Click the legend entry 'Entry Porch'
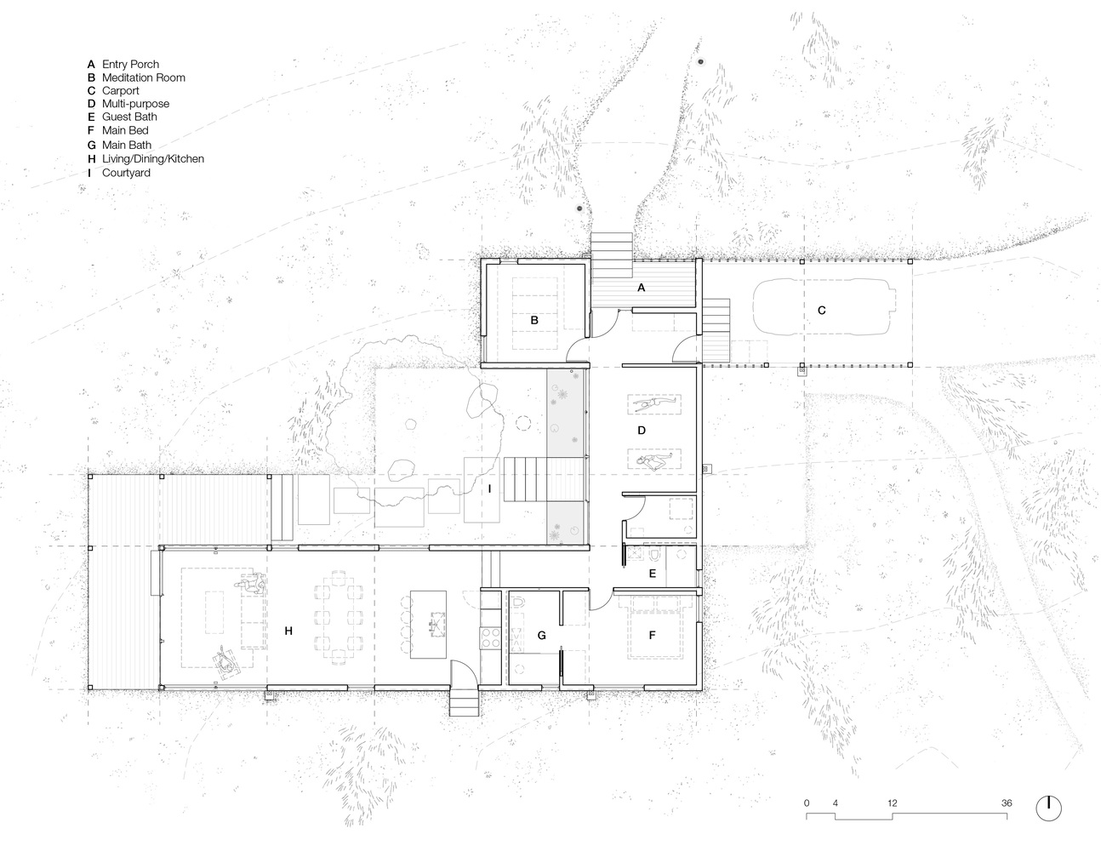pyautogui.click(x=130, y=65)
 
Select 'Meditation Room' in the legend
pyautogui.click(x=144, y=77)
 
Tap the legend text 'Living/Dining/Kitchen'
pyautogui.click(x=153, y=158)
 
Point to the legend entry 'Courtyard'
pyautogui.click(x=126, y=173)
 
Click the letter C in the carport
pyautogui.click(x=822, y=310)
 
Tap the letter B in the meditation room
pyautogui.click(x=534, y=320)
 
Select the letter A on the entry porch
pyautogui.click(x=641, y=288)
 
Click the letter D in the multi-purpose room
pyautogui.click(x=642, y=431)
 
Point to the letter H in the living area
pyautogui.click(x=288, y=631)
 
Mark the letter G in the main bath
pyautogui.click(x=542, y=635)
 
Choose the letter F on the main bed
pyautogui.click(x=652, y=635)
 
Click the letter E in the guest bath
pyautogui.click(x=653, y=574)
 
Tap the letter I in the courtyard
pyautogui.click(x=489, y=488)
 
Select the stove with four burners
pyautogui.click(x=490, y=638)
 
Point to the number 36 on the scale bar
pyautogui.click(x=1007, y=802)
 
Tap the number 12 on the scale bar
pyautogui.click(x=893, y=802)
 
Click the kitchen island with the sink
pyautogui.click(x=428, y=624)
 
